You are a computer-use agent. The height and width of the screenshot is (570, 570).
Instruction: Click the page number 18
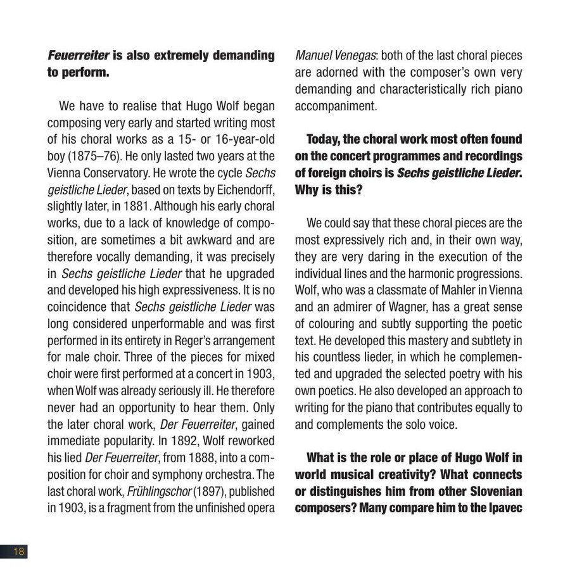click(18, 551)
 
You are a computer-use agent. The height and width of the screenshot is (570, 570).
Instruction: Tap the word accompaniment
click(336, 106)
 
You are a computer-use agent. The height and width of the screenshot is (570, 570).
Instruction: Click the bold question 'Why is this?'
click(328, 189)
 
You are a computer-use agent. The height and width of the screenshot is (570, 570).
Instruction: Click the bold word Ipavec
click(502, 508)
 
